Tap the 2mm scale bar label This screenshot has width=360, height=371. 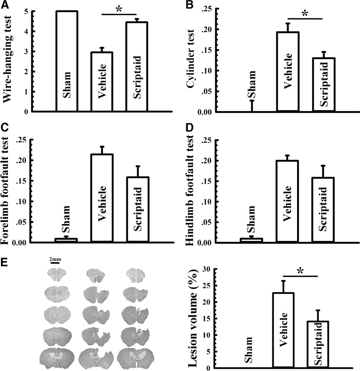coord(54,259)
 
